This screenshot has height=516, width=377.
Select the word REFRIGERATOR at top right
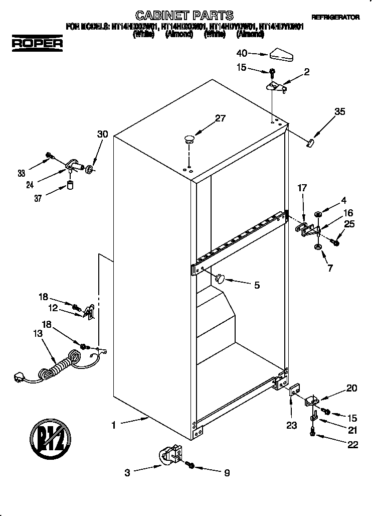pyautogui.click(x=335, y=17)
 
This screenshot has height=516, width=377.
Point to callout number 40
pyautogui.click(x=242, y=53)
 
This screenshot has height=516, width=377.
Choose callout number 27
pyautogui.click(x=221, y=118)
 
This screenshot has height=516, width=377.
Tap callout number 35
pyautogui.click(x=339, y=112)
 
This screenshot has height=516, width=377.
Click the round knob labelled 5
pyautogui.click(x=220, y=278)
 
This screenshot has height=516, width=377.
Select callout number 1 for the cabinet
pyautogui.click(x=114, y=425)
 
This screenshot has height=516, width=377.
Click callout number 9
pyautogui.click(x=227, y=472)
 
